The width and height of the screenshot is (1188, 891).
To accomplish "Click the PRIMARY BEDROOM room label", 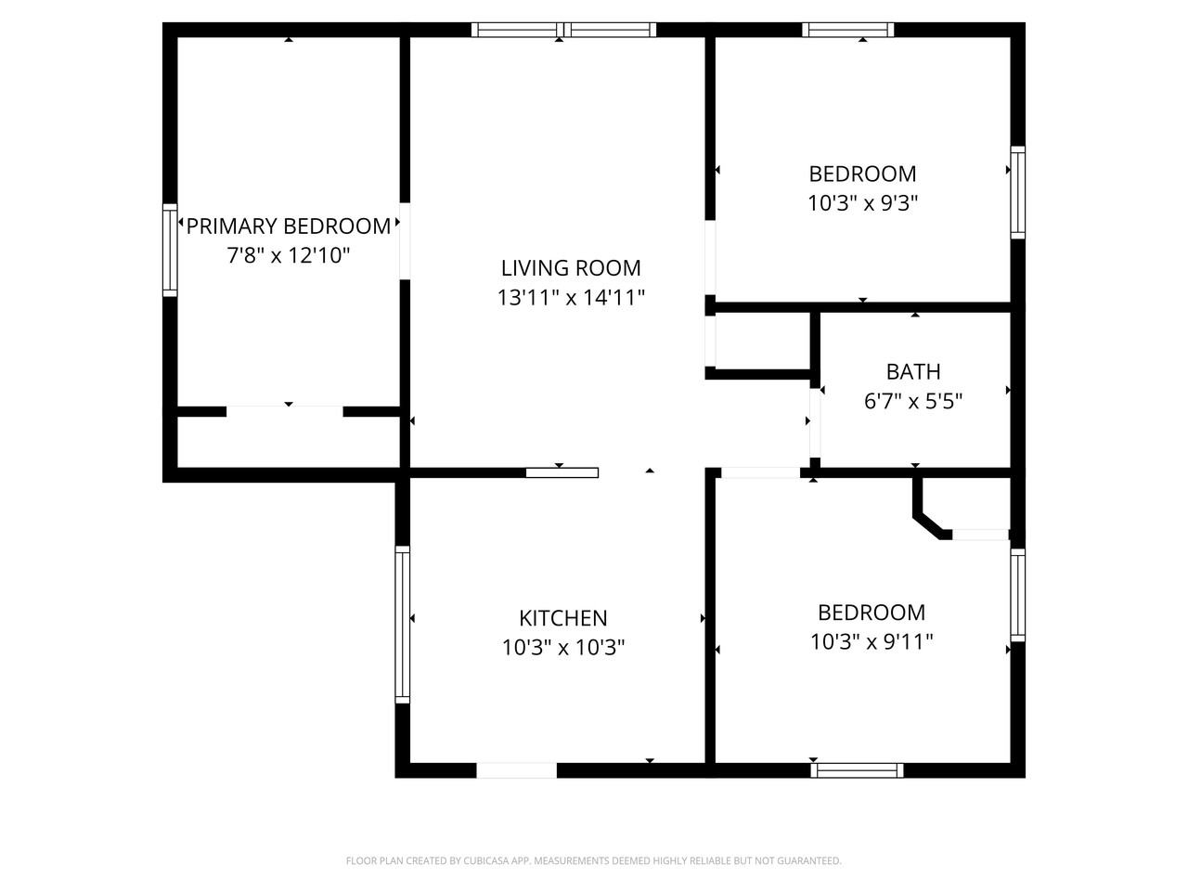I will (289, 226).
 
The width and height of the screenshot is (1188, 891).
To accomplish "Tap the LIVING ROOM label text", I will (571, 268).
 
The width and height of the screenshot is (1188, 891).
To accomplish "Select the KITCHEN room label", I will (562, 618).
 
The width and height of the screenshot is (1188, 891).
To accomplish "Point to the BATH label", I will (913, 372).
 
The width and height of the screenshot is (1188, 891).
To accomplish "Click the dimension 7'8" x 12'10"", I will (289, 255).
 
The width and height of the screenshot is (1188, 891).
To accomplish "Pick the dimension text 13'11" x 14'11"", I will (571, 298).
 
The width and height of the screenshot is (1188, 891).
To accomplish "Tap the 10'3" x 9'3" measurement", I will (862, 203).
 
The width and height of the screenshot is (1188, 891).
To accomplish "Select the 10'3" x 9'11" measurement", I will (872, 641).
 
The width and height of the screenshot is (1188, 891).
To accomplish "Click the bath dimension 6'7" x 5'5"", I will (913, 402).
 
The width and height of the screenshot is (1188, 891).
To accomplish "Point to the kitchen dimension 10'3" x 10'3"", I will (562, 647).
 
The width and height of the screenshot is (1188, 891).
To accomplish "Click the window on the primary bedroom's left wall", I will (170, 251).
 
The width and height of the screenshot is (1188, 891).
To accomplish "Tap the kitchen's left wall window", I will (402, 623).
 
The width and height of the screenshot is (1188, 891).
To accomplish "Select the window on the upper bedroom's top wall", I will (848, 30).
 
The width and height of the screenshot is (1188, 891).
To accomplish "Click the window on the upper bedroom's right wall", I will (1018, 193).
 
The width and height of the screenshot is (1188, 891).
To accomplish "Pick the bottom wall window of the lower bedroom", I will (857, 769).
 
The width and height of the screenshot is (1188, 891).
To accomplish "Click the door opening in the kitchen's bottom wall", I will (516, 770).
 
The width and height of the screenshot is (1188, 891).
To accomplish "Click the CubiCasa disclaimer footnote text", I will (594, 861).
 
